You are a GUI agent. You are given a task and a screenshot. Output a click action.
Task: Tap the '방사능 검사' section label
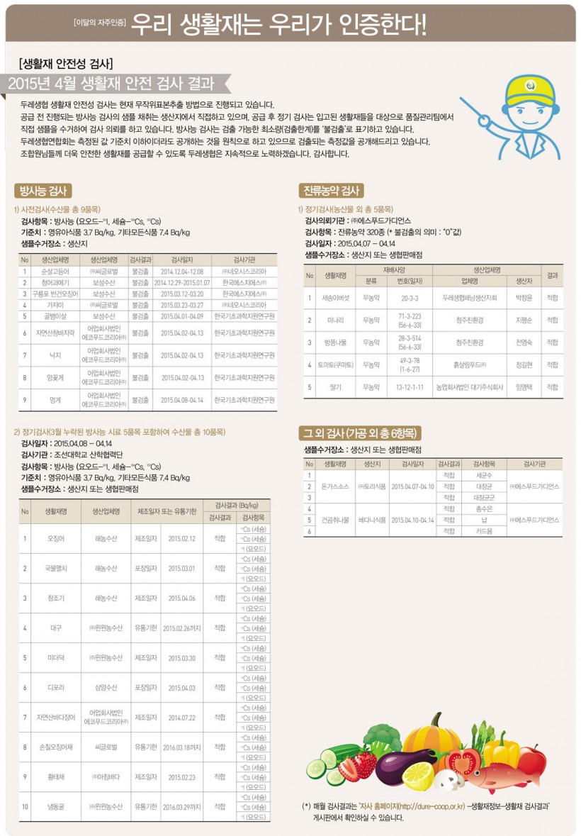pos(43,190)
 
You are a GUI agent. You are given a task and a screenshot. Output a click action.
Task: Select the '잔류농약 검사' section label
pos(331,190)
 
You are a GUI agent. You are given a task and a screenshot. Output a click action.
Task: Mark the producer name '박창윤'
pos(524,298)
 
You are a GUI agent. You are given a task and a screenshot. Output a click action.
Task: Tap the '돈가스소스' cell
pos(334,486)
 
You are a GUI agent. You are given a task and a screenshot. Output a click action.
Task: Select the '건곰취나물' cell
pos(334,520)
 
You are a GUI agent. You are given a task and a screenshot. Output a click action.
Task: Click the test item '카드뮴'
pos(484,530)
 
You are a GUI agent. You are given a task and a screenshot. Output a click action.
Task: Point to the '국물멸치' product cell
pos(56,568)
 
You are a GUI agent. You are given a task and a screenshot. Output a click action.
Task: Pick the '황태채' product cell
pos(56,776)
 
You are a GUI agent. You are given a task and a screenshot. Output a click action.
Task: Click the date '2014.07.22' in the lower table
pos(181,717)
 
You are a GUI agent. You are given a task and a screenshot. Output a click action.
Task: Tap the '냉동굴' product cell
pos(56,806)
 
